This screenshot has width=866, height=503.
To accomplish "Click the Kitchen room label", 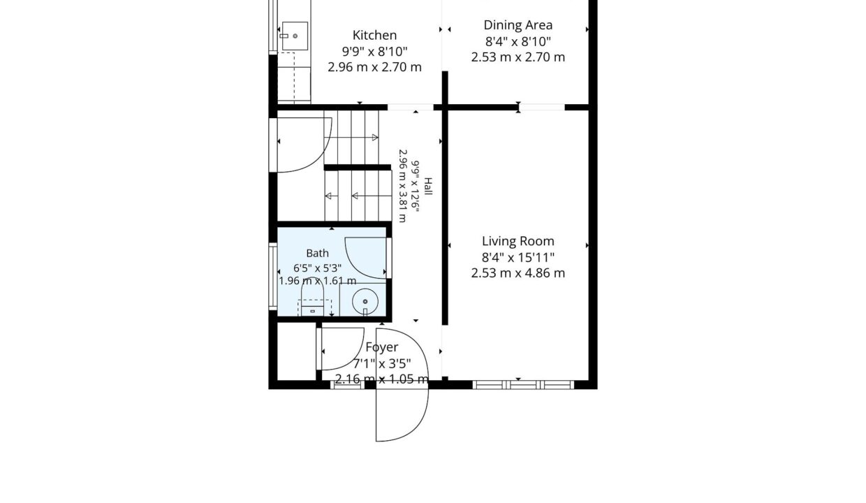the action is pyautogui.click(x=374, y=35).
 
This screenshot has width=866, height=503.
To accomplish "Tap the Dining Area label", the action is pyautogui.click(x=518, y=25).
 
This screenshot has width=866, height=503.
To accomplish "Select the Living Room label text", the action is pyautogui.click(x=518, y=241).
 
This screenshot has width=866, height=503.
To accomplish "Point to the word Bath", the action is pyautogui.click(x=317, y=253).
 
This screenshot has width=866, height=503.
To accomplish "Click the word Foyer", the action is pyautogui.click(x=381, y=347).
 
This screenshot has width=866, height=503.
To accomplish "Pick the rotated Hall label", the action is pyautogui.click(x=428, y=187).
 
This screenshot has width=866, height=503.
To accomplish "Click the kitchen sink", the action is pyautogui.click(x=295, y=36).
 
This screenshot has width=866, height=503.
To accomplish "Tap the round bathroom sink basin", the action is pyautogui.click(x=365, y=302).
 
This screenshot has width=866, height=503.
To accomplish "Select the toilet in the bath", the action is pyautogui.click(x=313, y=297).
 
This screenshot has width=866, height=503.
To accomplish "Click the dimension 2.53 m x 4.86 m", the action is pyautogui.click(x=518, y=273).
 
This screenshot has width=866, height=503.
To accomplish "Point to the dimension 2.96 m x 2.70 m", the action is pyautogui.click(x=374, y=67).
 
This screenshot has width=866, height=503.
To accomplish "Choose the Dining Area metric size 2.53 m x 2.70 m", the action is pyautogui.click(x=518, y=57).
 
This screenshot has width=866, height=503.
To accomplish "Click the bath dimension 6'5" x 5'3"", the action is pyautogui.click(x=317, y=268).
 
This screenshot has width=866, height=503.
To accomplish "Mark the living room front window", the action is pyautogui.click(x=523, y=385).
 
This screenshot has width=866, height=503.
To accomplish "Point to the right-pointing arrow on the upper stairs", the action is pyautogui.click(x=374, y=137).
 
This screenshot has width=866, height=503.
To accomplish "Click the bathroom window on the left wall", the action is pyautogui.click(x=273, y=276).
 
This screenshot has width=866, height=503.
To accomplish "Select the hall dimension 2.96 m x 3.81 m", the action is pyautogui.click(x=402, y=186).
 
